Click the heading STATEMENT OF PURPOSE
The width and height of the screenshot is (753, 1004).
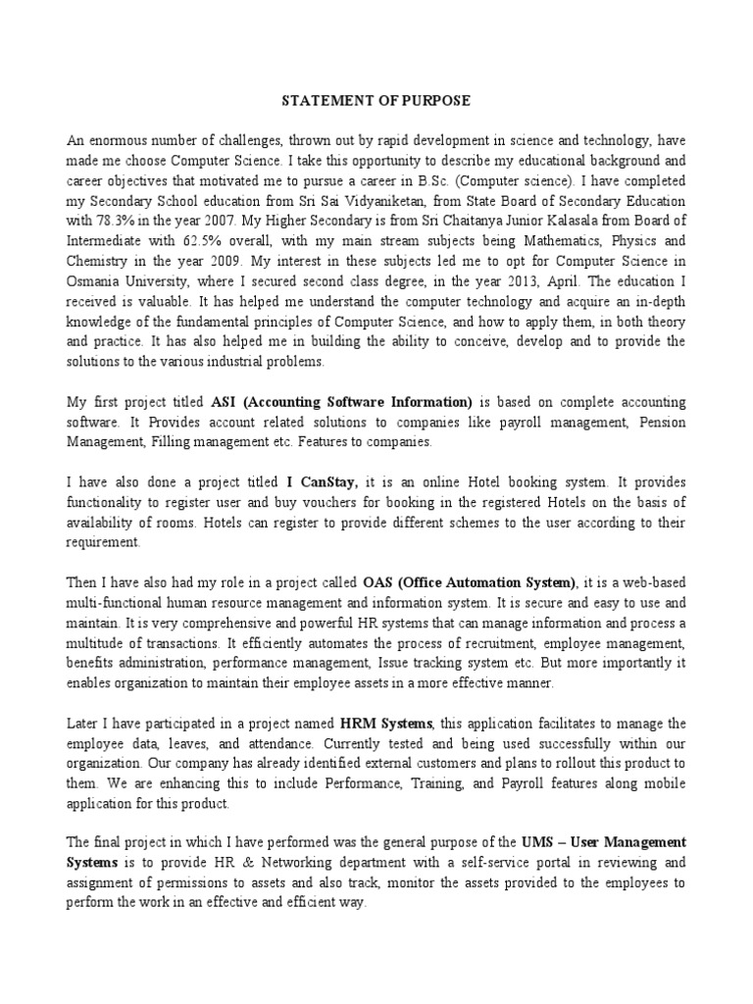point(376,100)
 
